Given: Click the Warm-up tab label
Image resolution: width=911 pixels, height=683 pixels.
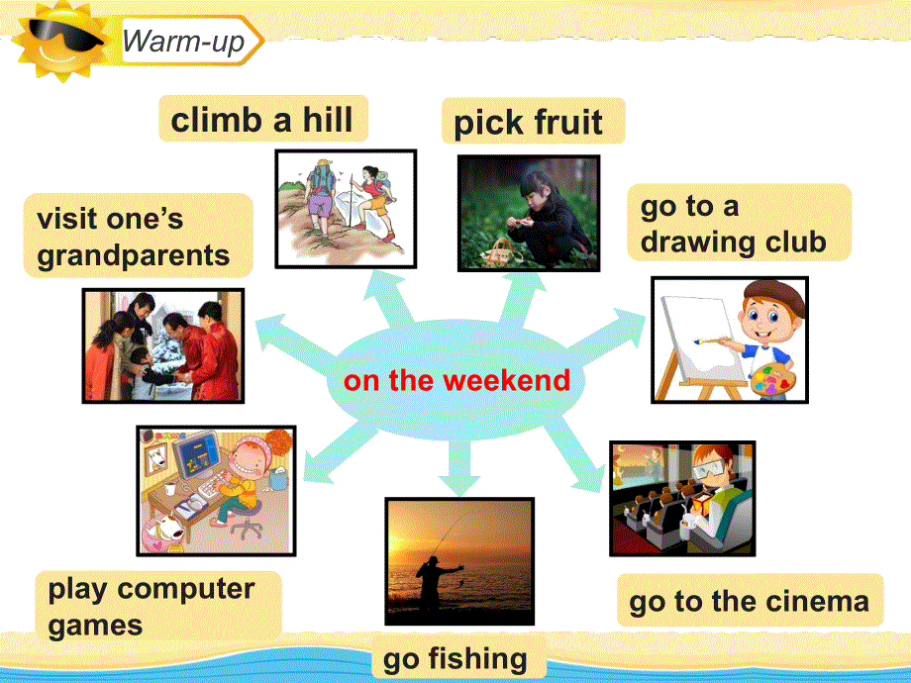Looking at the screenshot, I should pyautogui.click(x=184, y=43).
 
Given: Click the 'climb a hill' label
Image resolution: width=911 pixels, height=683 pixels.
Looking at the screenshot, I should pyautogui.click(x=261, y=120).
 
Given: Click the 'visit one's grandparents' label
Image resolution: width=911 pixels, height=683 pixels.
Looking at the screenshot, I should pyautogui.click(x=134, y=237).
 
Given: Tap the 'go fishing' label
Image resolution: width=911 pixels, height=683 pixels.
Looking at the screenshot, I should pyautogui.click(x=455, y=658).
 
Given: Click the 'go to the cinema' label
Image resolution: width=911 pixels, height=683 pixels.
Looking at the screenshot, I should pyautogui.click(x=749, y=600).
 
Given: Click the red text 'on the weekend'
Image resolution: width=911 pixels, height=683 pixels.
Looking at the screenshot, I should pyautogui.click(x=456, y=380).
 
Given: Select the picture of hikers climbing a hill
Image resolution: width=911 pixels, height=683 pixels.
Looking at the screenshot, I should pyautogui.click(x=346, y=207).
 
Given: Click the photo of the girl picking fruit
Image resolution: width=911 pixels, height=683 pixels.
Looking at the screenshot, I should pyautogui.click(x=528, y=213).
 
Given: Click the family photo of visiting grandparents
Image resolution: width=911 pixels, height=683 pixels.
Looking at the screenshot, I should pyautogui.click(x=162, y=345).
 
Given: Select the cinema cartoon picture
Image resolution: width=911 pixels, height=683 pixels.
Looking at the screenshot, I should pyautogui.click(x=681, y=498).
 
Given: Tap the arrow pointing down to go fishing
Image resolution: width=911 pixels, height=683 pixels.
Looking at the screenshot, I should pyautogui.click(x=456, y=469).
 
